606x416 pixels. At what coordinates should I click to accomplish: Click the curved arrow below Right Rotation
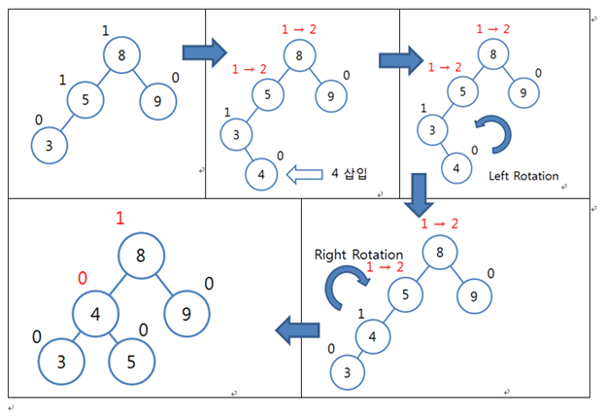click(346, 289)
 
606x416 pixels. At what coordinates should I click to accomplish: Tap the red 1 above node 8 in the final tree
click(119, 219)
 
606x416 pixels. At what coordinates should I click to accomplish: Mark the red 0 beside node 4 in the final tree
click(82, 278)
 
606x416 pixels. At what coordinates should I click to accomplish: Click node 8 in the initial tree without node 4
click(121, 56)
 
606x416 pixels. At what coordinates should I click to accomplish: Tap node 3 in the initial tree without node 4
click(48, 145)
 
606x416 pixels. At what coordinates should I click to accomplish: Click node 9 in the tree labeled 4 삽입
click(331, 95)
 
